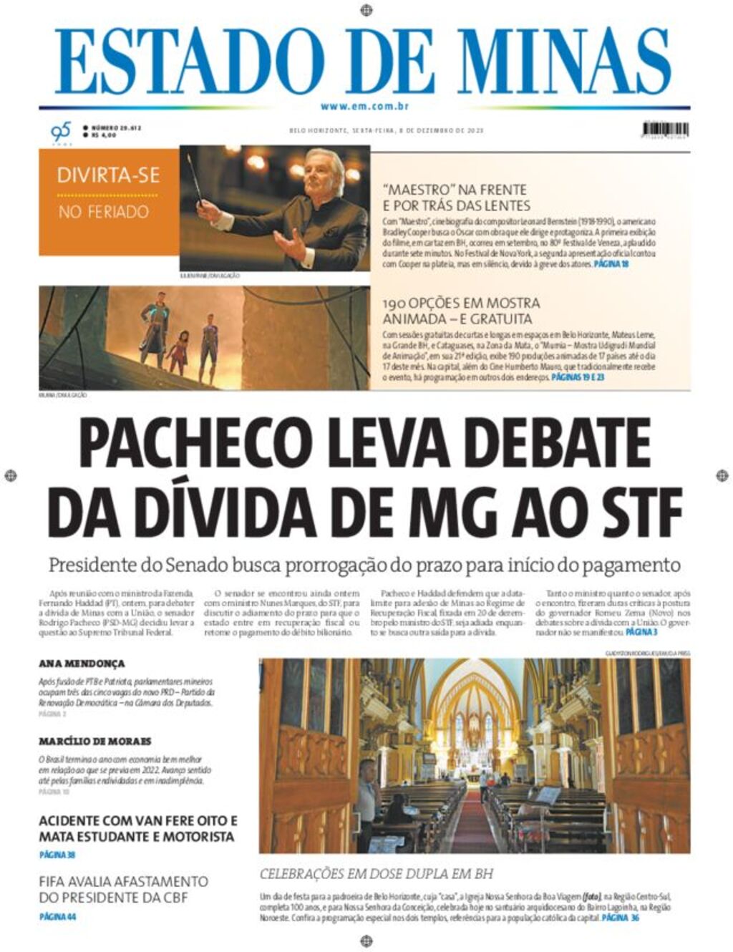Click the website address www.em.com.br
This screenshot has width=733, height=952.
coord(365,107)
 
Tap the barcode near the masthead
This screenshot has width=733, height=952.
coord(665,130)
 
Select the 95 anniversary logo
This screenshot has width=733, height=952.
coord(61,132)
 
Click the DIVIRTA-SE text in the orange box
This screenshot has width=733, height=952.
coord(108,175)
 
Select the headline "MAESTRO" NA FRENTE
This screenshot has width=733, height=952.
coord(455,190)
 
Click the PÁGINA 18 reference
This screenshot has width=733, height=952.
coord(611,264)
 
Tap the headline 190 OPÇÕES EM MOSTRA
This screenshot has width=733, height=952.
coord(461,303)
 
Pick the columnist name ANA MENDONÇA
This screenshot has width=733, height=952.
coord(82,664)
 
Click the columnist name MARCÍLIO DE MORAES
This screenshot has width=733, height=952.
coord(94,742)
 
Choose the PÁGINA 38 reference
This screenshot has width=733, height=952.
coord(57,855)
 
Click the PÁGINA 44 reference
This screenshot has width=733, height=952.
coord(57,916)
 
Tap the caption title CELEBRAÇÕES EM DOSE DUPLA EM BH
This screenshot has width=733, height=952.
coord(376,874)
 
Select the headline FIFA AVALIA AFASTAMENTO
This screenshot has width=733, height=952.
coord(124,882)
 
